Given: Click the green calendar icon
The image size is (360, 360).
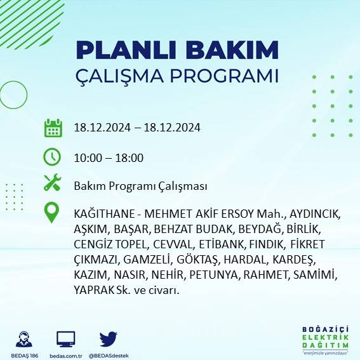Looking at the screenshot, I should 53,128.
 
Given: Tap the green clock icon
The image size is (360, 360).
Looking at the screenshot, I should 53,157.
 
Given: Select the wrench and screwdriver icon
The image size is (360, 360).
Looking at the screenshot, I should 53,185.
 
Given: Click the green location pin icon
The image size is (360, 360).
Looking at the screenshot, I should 52,213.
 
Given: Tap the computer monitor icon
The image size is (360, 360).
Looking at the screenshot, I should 66,339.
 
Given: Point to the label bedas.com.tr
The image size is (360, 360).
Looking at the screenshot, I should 66,356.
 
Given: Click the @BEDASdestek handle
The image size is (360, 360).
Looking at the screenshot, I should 109,356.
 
